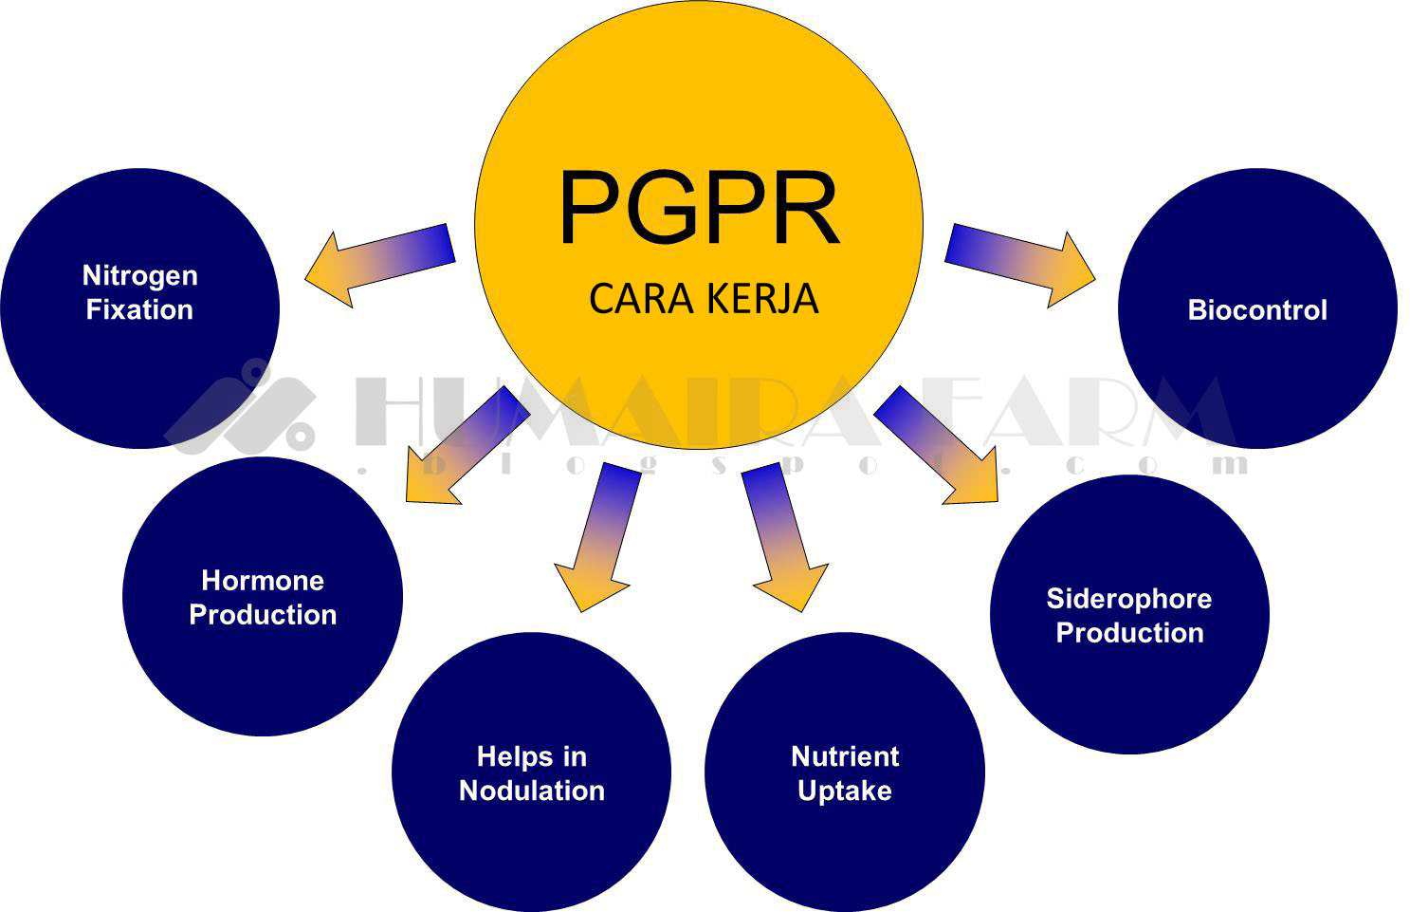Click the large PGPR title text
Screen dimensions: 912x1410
click(x=699, y=209)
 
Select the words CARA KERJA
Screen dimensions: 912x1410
click(x=703, y=299)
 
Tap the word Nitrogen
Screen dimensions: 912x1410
click(x=140, y=275)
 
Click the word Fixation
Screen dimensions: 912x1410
click(x=139, y=310)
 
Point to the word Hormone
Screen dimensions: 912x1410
click(x=263, y=580)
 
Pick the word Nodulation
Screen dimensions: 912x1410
click(x=531, y=791)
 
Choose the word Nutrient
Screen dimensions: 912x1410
click(x=845, y=756)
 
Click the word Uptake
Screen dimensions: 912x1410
click(x=845, y=791)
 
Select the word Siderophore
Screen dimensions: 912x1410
click(x=1128, y=598)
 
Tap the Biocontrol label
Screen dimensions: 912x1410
click(x=1257, y=310)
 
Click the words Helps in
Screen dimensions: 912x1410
click(x=531, y=756)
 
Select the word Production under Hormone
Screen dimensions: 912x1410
click(x=263, y=615)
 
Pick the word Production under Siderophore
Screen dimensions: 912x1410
click(x=1129, y=633)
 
